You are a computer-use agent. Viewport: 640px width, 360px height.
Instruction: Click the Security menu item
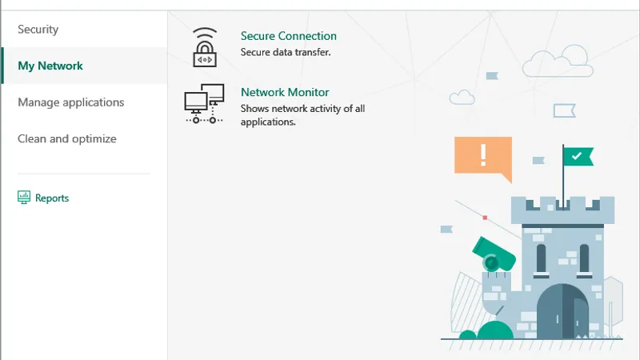[x=38, y=30]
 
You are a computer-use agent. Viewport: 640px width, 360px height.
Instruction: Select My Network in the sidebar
[x=50, y=66]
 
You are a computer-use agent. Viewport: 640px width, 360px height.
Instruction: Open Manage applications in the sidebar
[x=70, y=102]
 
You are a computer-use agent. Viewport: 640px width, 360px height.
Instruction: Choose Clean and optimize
[x=67, y=138]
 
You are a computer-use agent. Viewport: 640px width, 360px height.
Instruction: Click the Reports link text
[x=52, y=198]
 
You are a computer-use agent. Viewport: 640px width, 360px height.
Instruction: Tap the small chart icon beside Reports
[x=24, y=197]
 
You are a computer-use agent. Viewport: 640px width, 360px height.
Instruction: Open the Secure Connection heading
[x=288, y=36]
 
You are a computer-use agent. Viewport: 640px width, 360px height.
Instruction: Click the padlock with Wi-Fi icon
[x=205, y=47]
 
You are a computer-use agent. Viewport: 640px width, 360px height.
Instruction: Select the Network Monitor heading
[x=284, y=93]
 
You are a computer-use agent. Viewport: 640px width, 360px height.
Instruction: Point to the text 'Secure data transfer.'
[x=286, y=52]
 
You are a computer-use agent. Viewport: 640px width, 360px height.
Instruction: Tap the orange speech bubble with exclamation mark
[x=482, y=156]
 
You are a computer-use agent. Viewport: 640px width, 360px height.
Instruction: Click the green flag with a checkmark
[x=578, y=155]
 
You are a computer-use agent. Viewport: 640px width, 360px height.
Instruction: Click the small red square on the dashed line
[x=485, y=217]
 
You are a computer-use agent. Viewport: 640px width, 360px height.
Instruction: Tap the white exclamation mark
[x=482, y=154]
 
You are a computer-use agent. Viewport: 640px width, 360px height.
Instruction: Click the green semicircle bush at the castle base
[x=495, y=330]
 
